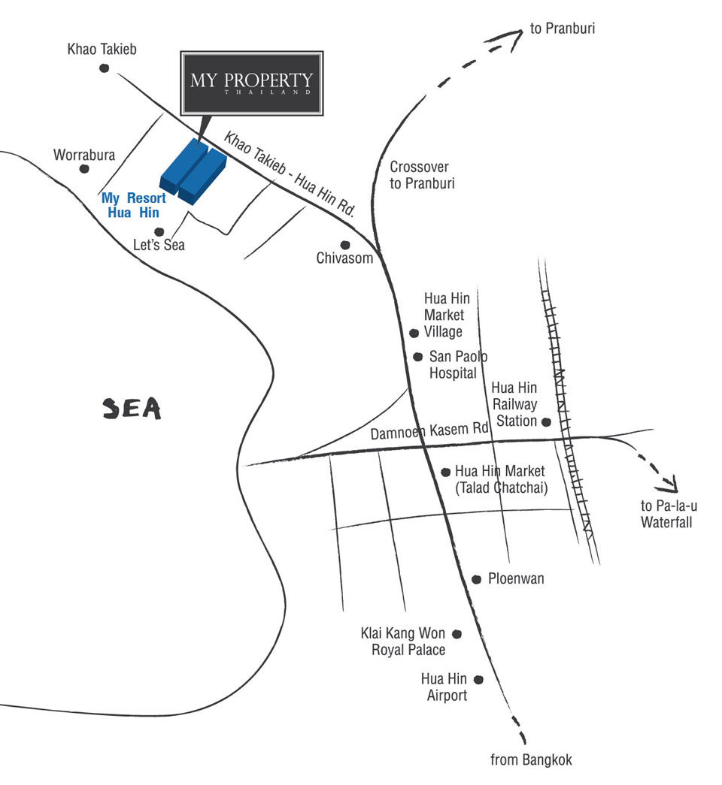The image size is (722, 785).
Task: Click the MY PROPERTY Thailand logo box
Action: click(252, 83)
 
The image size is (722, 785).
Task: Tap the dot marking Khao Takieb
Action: click(104, 68)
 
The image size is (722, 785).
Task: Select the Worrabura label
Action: click(84, 155)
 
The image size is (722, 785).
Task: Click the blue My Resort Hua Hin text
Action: click(133, 205)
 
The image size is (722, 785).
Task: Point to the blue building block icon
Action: click(193, 171)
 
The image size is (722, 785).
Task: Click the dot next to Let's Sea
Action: click(159, 232)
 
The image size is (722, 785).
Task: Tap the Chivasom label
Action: click(344, 258)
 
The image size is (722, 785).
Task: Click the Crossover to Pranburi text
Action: click(422, 175)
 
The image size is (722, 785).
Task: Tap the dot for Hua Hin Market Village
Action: click(414, 333)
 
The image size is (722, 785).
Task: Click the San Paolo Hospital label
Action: click(458, 364)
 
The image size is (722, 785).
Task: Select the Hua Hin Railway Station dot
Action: click(546, 422)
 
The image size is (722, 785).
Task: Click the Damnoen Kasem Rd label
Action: click(429, 431)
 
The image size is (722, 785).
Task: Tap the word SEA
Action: click(132, 408)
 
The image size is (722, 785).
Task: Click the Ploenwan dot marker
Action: click(476, 579)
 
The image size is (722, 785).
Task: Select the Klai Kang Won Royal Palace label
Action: click(403, 642)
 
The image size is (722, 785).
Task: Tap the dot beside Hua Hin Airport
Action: click(479, 679)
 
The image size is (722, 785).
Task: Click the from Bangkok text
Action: click(531, 759)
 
